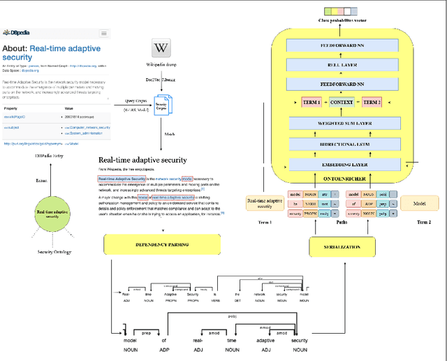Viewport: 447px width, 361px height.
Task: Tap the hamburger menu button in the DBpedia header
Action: pos(104,33)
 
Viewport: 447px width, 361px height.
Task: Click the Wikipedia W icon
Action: pos(161,48)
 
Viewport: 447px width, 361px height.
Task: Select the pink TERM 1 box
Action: pos(311,103)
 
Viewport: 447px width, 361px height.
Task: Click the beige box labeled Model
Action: pos(418,203)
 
